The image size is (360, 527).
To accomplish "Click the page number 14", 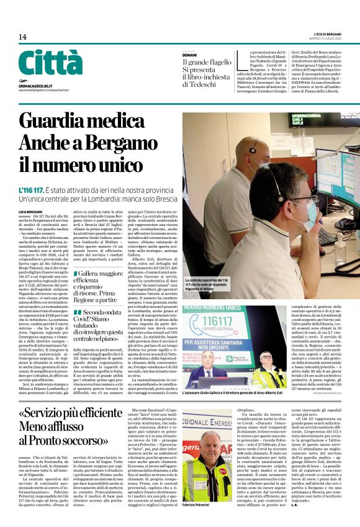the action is (22, 37).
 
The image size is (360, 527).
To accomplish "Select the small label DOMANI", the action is (189, 55).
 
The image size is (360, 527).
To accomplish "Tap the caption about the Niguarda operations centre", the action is (207, 285).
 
